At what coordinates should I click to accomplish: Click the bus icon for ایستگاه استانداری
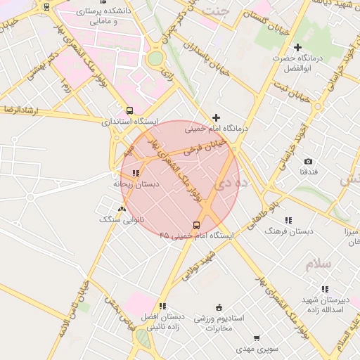pyautogui.click(x=129, y=110)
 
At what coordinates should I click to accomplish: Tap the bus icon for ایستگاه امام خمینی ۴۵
pyautogui.click(x=196, y=226)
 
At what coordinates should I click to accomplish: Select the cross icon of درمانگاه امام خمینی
pyautogui.click(x=216, y=117)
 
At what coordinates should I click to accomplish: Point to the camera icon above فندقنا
pyautogui.click(x=308, y=162)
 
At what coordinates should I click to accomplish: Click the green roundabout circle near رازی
pyautogui.click(x=155, y=58)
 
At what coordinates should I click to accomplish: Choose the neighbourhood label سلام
pyautogui.click(x=317, y=264)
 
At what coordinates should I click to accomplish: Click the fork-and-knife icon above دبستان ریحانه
pyautogui.click(x=136, y=172)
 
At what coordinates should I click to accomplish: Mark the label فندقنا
pyautogui.click(x=308, y=172)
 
